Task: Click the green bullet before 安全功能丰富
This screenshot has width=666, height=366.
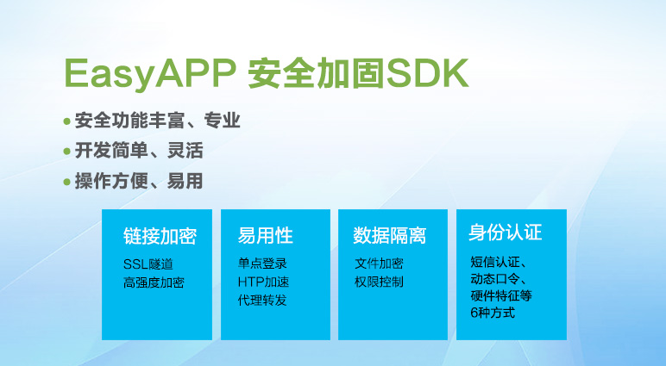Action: click(66, 121)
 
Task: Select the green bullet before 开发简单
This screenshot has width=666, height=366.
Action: click(66, 152)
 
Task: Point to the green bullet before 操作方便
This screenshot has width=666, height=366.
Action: click(66, 183)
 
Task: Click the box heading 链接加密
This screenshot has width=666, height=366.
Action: click(160, 236)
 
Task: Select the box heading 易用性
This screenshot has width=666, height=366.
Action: click(266, 236)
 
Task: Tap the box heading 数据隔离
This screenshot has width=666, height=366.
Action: click(389, 236)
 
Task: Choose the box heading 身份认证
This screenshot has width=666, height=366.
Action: click(506, 233)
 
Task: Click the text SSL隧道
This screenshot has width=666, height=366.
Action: click(148, 264)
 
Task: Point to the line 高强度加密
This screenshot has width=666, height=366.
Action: click(154, 282)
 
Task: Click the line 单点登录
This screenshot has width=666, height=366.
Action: click(262, 264)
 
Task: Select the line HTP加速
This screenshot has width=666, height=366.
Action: click(263, 282)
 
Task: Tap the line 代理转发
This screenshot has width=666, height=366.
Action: click(262, 301)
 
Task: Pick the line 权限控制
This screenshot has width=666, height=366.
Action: click(379, 282)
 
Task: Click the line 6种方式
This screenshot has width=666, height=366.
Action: click(493, 313)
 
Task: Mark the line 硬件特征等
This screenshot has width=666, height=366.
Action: click(501, 295)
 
